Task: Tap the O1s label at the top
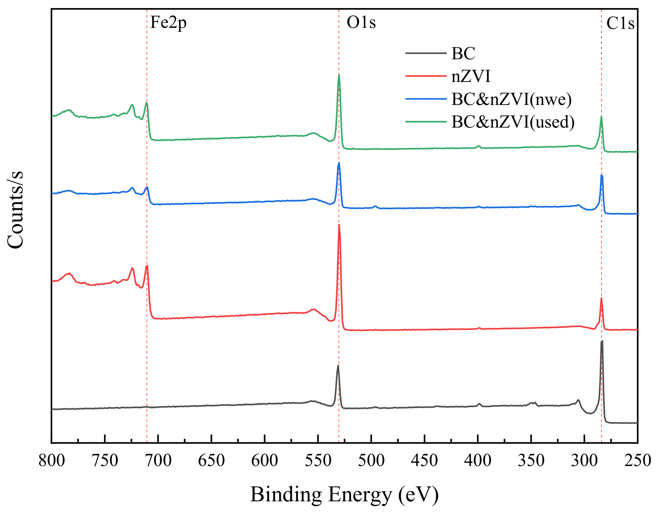pos(361,23)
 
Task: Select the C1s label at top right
pos(620,24)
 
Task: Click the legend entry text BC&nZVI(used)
pos(513,122)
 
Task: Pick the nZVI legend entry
pos(471,76)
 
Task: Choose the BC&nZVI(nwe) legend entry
pos(511,99)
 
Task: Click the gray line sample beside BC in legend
pos(426,53)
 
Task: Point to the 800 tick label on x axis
pos(52,460)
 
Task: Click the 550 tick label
pos(318,460)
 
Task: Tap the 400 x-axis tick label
pos(478,460)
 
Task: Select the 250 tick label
pos(638,460)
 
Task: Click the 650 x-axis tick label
pos(211,460)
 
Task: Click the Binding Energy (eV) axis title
pos(344,495)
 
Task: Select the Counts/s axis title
pos(15,210)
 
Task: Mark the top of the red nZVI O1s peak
pos(339,224)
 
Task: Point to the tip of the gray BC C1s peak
pos(602,341)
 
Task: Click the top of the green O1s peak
pos(339,75)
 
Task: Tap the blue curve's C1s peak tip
pos(602,175)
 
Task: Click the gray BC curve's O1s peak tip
pos(338,366)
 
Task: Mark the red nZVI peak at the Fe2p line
pos(147,266)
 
